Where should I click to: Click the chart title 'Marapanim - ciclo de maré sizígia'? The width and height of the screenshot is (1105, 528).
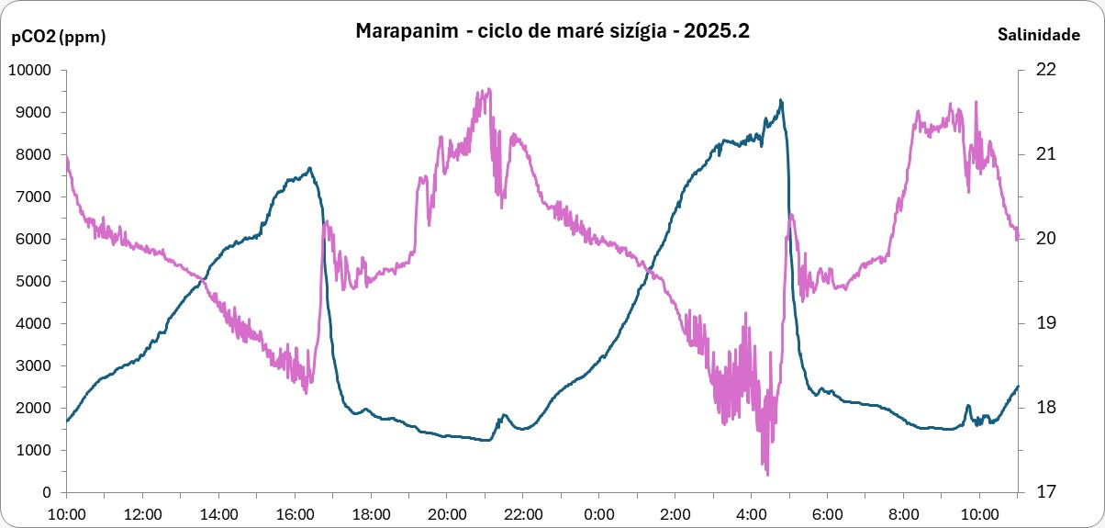pos(552,30)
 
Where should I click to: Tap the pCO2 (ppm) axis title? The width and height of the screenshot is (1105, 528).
pos(58,38)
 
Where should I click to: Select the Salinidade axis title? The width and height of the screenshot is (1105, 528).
pos(1038,35)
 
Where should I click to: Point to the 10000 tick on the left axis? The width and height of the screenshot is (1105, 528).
pos(32,70)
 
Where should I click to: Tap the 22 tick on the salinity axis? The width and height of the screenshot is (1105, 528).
pos(1046,70)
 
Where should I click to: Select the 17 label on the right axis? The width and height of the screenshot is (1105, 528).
pos(1046,492)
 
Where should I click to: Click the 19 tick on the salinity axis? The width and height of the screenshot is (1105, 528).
pos(1046,323)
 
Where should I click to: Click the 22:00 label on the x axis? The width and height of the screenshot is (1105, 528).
pos(523,512)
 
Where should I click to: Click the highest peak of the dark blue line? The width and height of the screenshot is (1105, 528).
pos(780,100)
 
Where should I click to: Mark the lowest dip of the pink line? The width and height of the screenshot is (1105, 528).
pos(766,474)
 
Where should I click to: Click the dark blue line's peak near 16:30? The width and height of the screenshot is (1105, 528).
pos(310,168)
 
